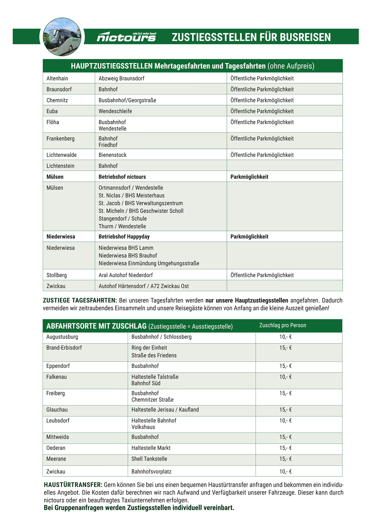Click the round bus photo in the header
point(62,37)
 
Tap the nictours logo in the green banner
point(126,37)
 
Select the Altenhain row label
point(57,78)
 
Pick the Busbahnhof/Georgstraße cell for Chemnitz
point(127,100)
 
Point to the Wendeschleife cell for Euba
point(115,111)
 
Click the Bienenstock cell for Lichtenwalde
point(112,155)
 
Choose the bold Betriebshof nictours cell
point(122,177)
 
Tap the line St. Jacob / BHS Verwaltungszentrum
point(140,203)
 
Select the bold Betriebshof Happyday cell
point(124,237)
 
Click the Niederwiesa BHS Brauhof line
point(128,256)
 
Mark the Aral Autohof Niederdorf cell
point(125,275)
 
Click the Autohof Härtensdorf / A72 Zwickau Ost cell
point(144,286)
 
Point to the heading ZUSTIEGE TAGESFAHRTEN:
point(80,300)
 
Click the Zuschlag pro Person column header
point(282,325)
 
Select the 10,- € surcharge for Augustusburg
point(285,337)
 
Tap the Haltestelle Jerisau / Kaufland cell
point(165,410)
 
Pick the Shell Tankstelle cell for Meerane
point(149,459)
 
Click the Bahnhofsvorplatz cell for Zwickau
point(151,472)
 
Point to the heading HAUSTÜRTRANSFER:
point(73,485)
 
